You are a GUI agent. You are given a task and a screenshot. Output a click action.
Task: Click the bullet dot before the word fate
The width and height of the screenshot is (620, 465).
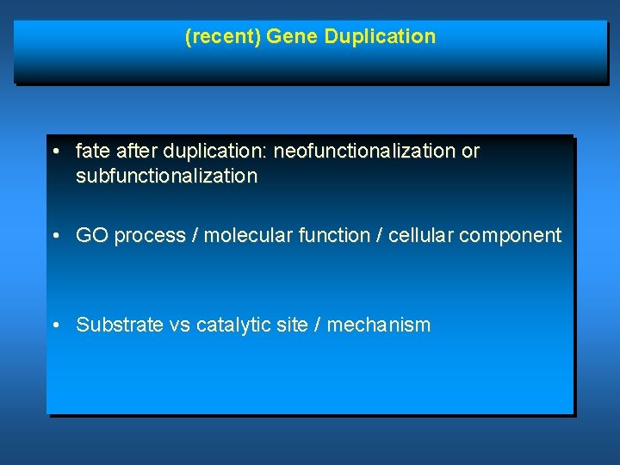55,152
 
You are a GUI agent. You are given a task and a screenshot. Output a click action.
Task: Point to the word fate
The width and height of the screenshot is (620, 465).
92,152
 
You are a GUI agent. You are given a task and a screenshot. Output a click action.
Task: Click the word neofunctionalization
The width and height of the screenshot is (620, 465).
365,152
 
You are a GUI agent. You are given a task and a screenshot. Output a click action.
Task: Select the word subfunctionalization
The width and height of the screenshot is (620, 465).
166,177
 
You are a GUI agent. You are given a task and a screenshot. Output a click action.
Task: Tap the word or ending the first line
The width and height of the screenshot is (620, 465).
470,152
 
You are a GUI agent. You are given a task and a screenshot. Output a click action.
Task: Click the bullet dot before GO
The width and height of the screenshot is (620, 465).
55,236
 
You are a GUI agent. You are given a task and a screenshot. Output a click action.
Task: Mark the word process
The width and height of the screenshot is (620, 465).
150,236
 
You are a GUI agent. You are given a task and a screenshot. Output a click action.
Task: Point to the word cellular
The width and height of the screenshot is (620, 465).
422,235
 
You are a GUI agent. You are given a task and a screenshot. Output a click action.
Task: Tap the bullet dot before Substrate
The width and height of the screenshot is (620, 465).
55,325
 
